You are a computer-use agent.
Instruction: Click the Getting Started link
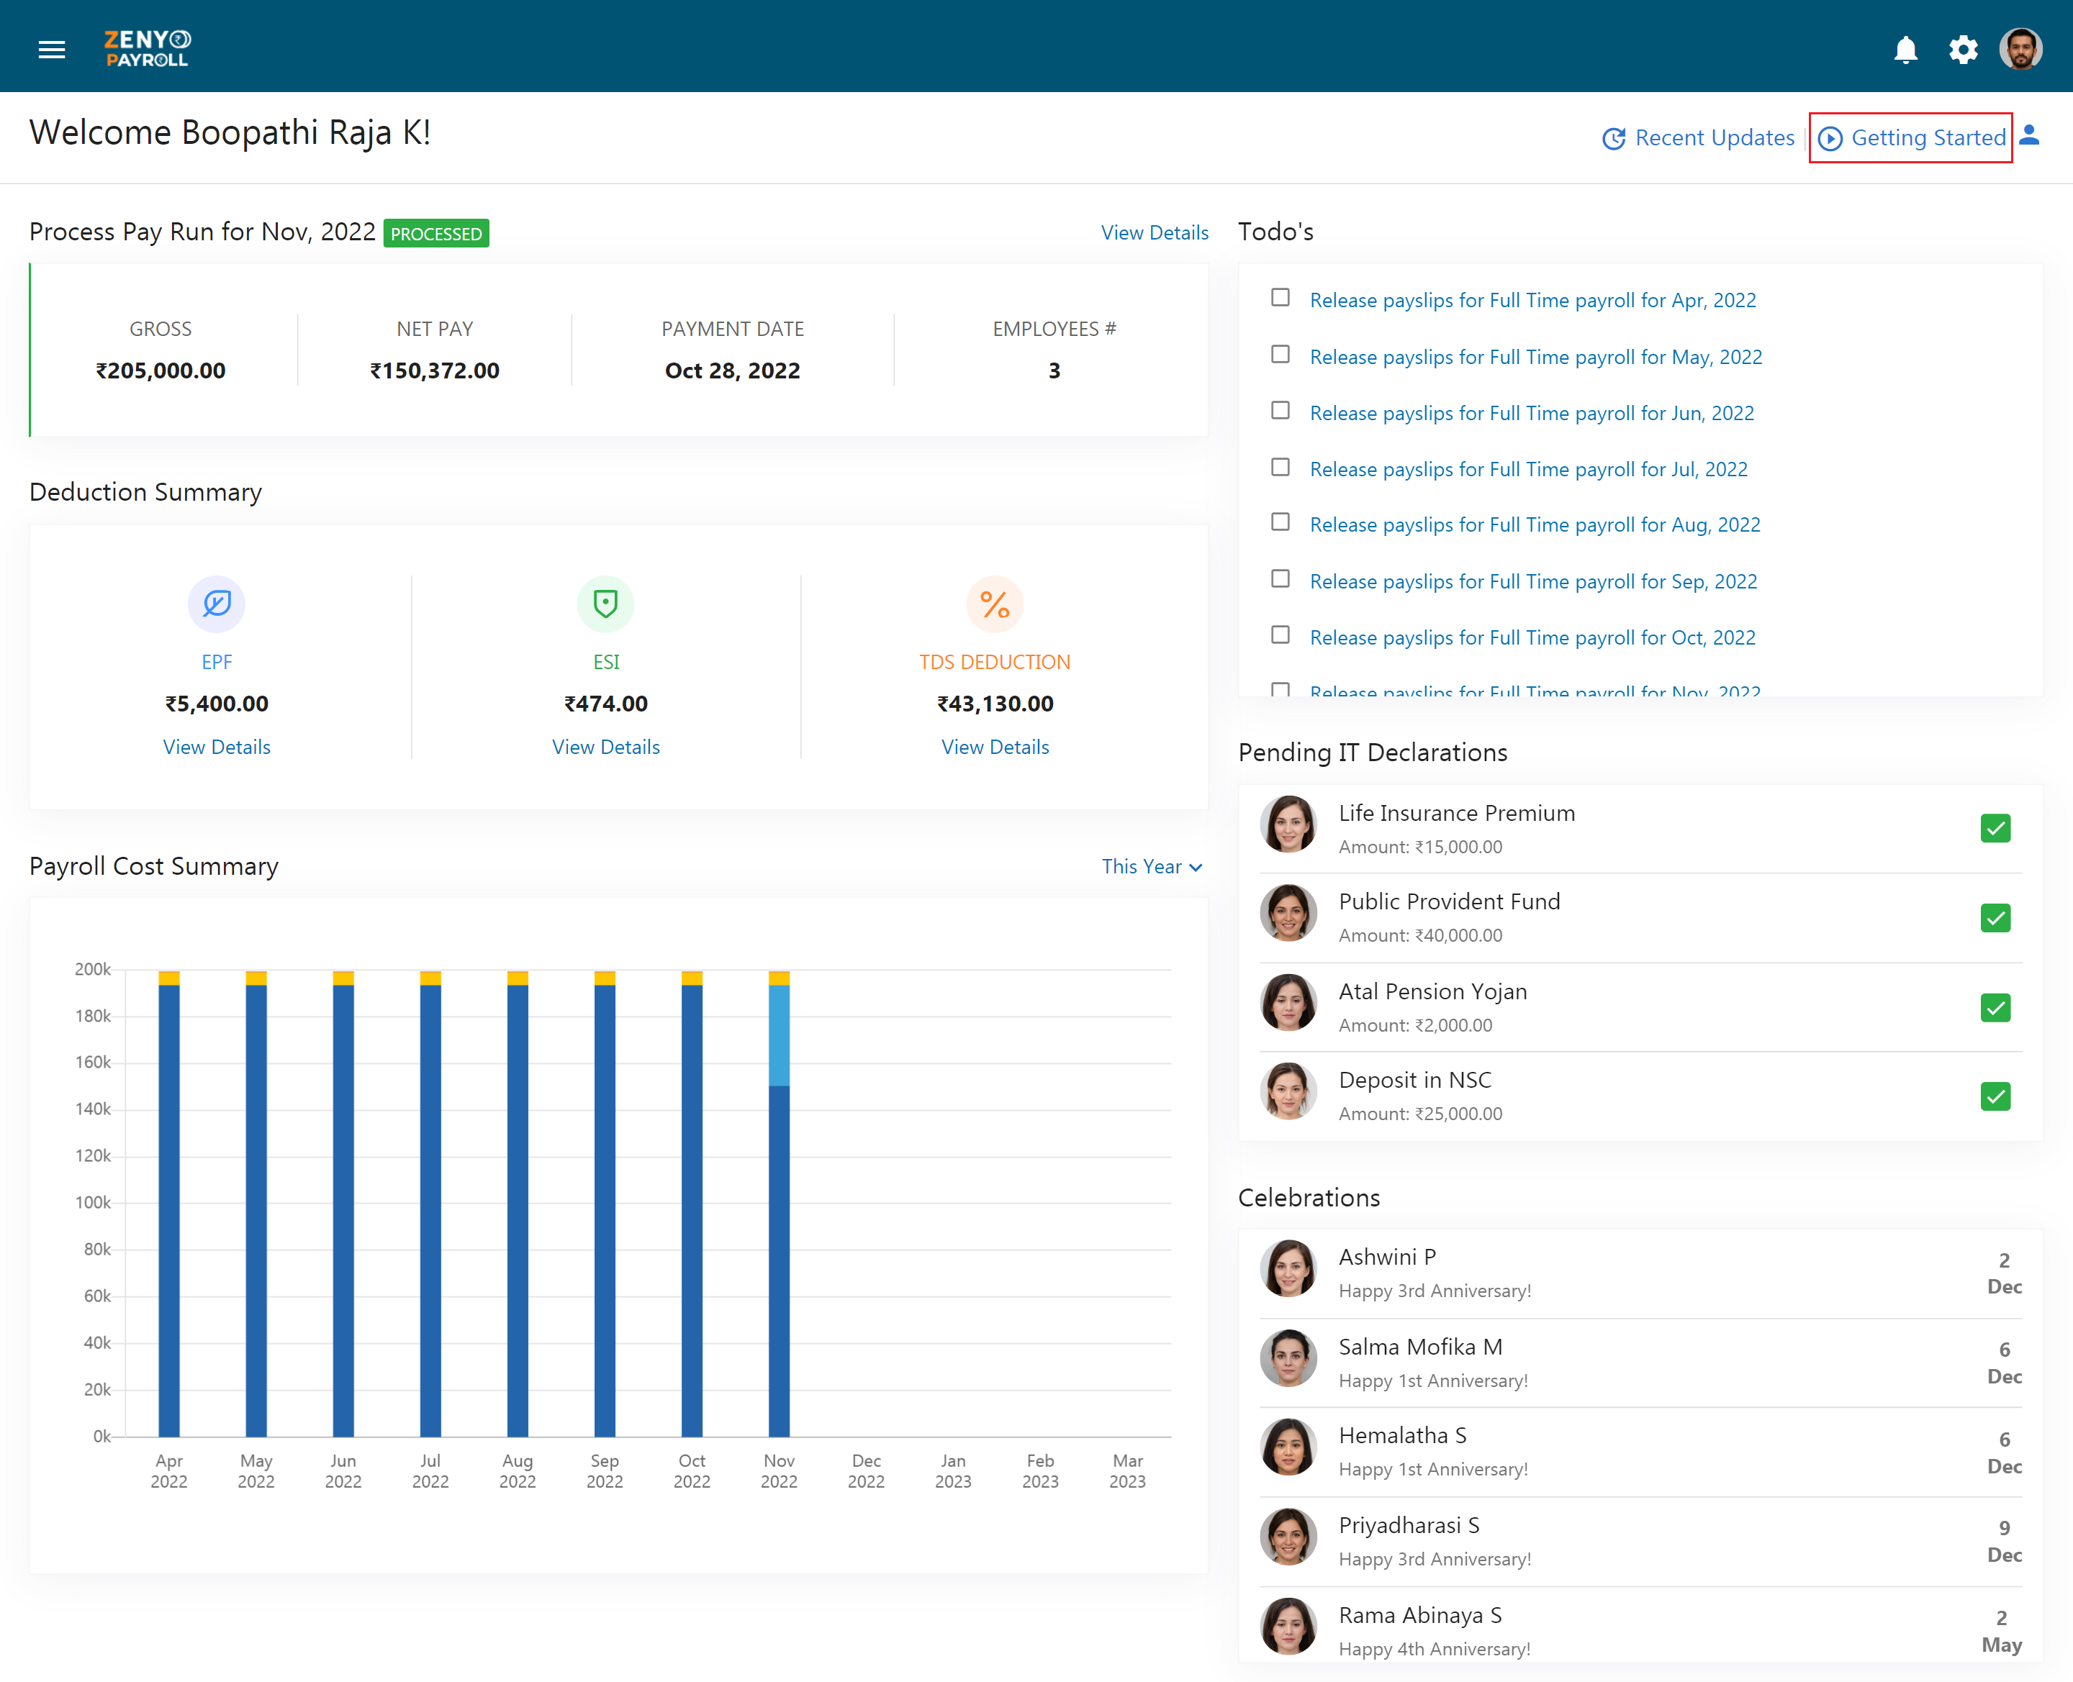pyautogui.click(x=1911, y=137)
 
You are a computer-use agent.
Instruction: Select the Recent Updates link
pyautogui.click(x=1698, y=137)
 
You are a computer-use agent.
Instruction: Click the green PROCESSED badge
pyautogui.click(x=436, y=234)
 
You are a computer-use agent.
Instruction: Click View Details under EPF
pyautogui.click(x=217, y=747)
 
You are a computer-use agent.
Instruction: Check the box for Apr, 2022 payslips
pyautogui.click(x=1281, y=297)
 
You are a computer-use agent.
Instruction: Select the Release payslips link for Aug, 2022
pyautogui.click(x=1535, y=525)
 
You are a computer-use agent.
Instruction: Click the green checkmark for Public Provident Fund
pyautogui.click(x=1995, y=917)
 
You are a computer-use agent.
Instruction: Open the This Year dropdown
pyautogui.click(x=1152, y=867)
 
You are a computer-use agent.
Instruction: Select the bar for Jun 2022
pyautogui.click(x=343, y=1204)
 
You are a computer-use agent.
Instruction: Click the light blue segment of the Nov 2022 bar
pyautogui.click(x=780, y=1035)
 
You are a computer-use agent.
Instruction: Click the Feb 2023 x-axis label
pyautogui.click(x=1040, y=1470)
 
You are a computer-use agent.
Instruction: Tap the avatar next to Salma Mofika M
pyautogui.click(x=1288, y=1358)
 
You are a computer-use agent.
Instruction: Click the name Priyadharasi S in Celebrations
pyautogui.click(x=1409, y=1525)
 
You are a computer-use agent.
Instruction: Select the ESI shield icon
pyautogui.click(x=606, y=604)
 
